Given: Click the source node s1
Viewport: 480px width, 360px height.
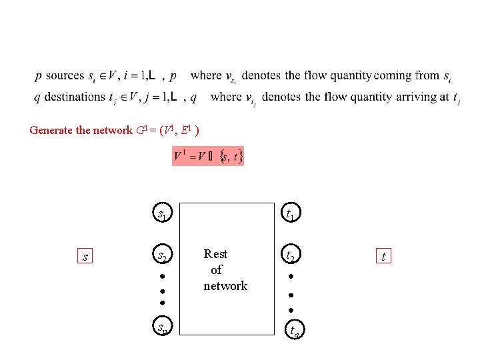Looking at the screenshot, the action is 161,213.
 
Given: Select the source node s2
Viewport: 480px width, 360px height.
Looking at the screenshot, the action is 161,255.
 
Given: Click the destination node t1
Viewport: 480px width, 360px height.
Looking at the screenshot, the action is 290,213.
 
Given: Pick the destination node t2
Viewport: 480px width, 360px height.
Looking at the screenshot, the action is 290,255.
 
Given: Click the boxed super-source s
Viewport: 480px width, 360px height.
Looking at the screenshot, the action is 84,256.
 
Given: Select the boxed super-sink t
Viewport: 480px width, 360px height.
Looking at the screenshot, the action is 383,256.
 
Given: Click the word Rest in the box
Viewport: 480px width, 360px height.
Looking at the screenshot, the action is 215,254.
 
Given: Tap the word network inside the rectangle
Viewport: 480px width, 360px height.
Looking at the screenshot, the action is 225,286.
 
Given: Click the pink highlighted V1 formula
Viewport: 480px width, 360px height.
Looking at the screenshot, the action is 208,157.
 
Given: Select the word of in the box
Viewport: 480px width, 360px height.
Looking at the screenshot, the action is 216,270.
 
